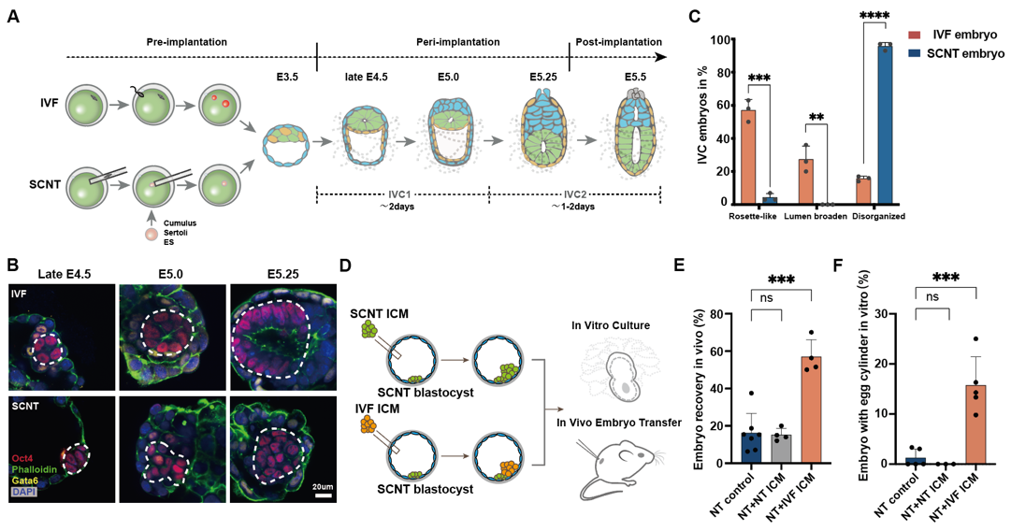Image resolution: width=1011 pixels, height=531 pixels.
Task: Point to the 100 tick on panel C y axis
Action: pyautogui.click(x=718, y=41)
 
